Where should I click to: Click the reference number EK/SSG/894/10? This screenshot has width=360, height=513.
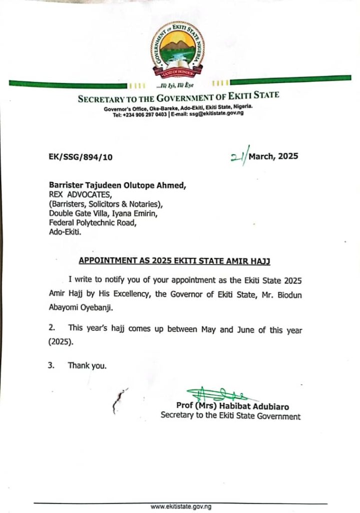[78, 157]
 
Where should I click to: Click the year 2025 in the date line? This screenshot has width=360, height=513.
[288, 156]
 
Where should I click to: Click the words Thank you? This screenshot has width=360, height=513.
[87, 366]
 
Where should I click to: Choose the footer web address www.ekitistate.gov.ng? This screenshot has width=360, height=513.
[181, 506]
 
